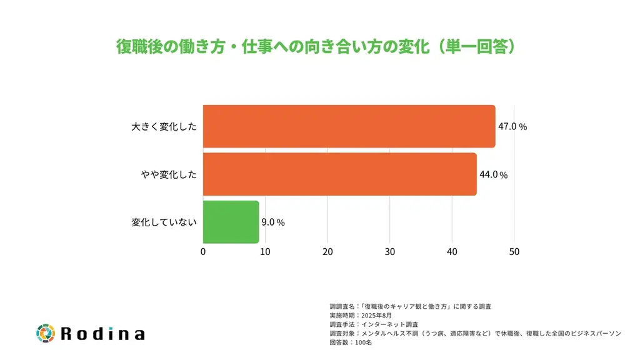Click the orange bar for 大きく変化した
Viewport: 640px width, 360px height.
349,126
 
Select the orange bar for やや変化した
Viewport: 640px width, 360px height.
339,174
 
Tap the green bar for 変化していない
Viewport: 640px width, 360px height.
231,222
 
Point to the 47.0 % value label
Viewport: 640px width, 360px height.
512,126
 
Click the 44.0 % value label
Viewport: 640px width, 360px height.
493,175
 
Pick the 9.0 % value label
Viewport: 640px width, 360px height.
273,222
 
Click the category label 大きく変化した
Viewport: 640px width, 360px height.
164,126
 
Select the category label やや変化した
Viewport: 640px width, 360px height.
169,174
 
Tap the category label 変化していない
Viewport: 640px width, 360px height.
164,222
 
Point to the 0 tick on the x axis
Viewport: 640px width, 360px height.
203,252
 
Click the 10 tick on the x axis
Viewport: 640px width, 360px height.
265,252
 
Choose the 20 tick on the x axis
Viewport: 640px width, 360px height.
327,252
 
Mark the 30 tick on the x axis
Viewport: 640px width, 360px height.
390,252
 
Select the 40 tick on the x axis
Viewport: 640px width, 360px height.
452,252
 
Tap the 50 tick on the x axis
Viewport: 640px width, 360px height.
514,252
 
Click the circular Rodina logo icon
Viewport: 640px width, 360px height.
46,333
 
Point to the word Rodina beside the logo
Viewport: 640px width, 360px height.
103,334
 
